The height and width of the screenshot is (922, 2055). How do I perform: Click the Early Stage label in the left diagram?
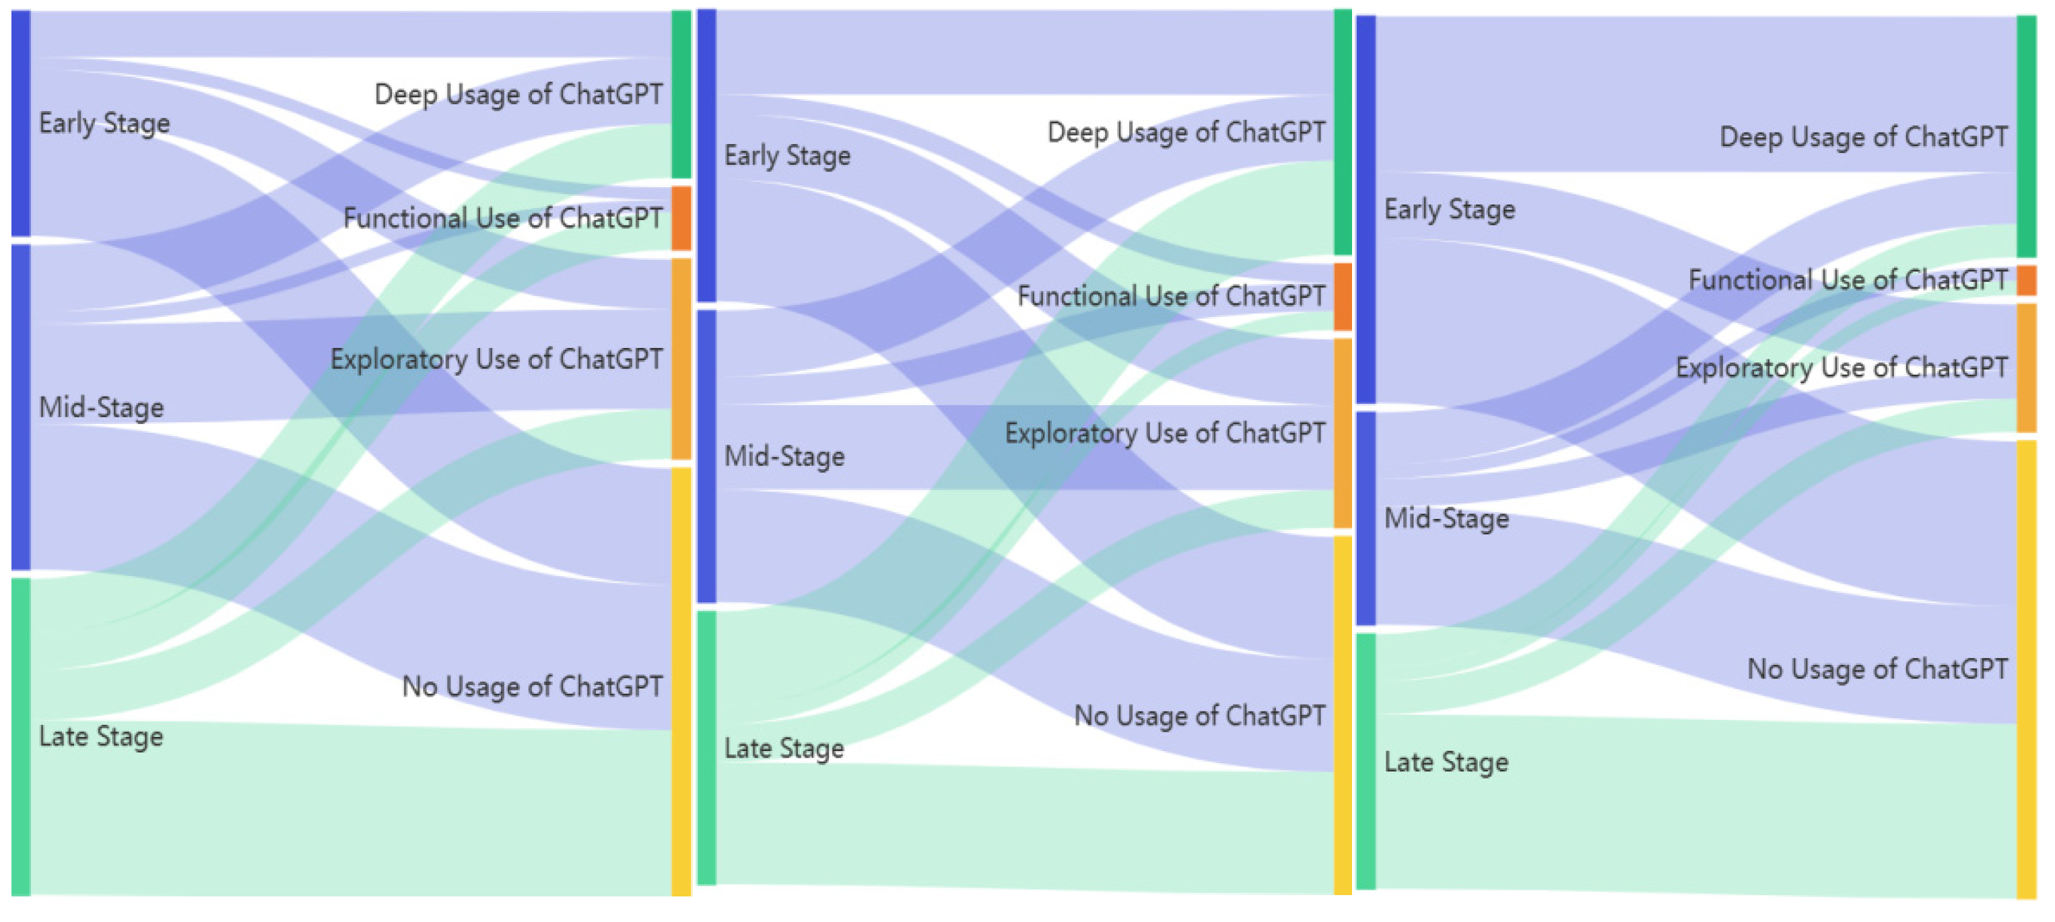click(104, 123)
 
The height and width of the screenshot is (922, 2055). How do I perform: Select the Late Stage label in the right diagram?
click(1446, 762)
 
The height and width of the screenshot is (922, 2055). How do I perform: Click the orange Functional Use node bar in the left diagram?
click(681, 219)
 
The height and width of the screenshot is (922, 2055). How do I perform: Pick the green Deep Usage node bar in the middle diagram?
click(1343, 132)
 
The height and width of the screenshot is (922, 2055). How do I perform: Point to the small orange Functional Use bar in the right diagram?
click(2025, 281)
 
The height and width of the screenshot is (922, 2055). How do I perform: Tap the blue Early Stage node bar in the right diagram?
click(1366, 209)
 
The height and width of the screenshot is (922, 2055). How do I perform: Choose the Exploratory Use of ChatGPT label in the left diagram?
click(496, 359)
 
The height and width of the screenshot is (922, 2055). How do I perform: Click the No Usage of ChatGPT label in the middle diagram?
click(1199, 715)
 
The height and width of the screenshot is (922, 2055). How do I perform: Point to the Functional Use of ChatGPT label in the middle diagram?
click(1170, 296)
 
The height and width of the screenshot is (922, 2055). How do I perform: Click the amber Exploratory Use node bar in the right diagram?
click(2025, 367)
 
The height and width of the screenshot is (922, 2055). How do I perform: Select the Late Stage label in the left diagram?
click(100, 736)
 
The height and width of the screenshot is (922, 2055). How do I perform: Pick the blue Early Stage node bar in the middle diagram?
click(707, 155)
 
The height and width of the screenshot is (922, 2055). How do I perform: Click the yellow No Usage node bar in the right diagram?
click(2025, 668)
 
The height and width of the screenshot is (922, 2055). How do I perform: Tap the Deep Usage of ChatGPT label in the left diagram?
click(518, 94)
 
